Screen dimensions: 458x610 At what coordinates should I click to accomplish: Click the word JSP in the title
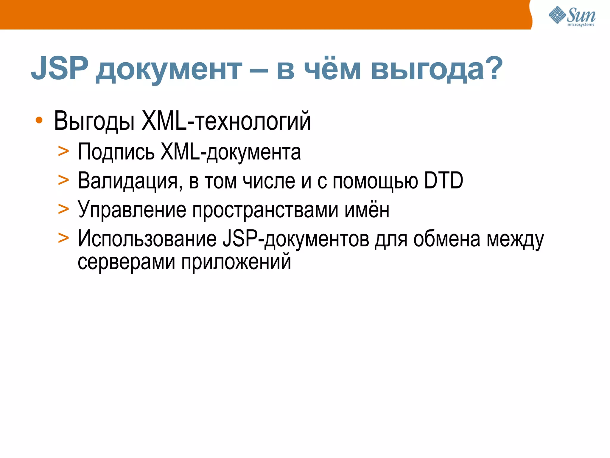coord(60,69)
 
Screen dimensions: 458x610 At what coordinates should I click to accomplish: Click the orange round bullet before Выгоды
coord(39,120)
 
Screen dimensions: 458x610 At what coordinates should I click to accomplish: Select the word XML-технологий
coord(226,121)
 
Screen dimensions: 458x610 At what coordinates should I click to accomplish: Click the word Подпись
coord(116,152)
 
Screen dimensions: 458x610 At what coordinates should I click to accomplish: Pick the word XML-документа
coord(231,152)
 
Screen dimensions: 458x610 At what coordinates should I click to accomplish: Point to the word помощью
coord(375,181)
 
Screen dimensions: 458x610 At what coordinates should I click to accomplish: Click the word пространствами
coord(265,210)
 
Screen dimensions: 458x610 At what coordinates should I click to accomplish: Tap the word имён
coord(367,210)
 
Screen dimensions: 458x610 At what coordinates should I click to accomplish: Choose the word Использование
coord(147,239)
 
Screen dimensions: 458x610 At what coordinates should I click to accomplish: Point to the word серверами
coord(126,262)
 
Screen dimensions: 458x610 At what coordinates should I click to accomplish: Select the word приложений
coord(236,262)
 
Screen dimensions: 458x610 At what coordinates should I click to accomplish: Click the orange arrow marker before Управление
coord(63,209)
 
